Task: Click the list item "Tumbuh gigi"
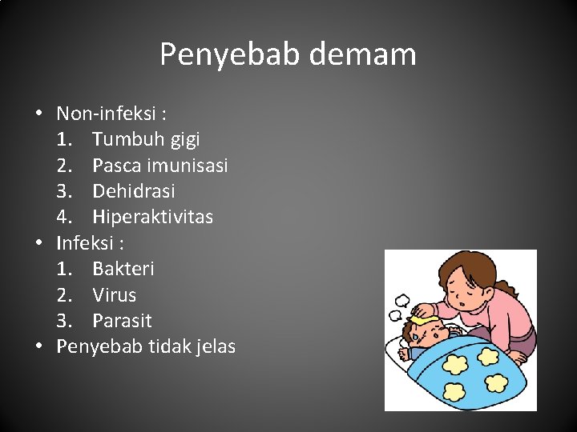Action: pyautogui.click(x=146, y=139)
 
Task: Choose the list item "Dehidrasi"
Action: pyautogui.click(x=133, y=191)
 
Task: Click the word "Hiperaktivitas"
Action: pyautogui.click(x=152, y=217)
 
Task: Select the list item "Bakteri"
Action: pyautogui.click(x=123, y=269)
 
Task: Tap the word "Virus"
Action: pyautogui.click(x=114, y=294)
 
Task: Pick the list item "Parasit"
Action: pyautogui.click(x=121, y=321)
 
